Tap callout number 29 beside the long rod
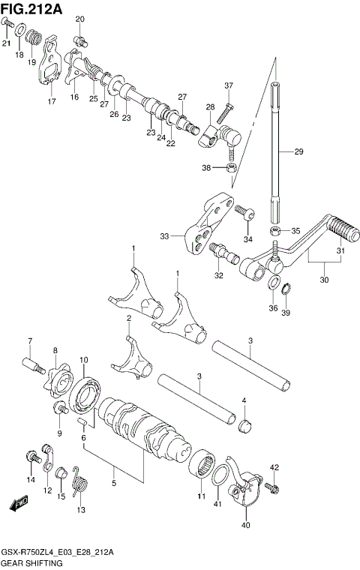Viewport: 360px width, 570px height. click(298, 152)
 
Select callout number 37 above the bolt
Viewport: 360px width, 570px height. click(229, 85)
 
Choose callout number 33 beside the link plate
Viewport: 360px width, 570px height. click(165, 237)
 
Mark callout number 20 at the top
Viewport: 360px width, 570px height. click(80, 19)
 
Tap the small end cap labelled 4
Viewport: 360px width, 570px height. click(244, 427)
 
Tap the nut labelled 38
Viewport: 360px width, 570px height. click(232, 166)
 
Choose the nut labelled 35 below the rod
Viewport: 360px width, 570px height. click(276, 230)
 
